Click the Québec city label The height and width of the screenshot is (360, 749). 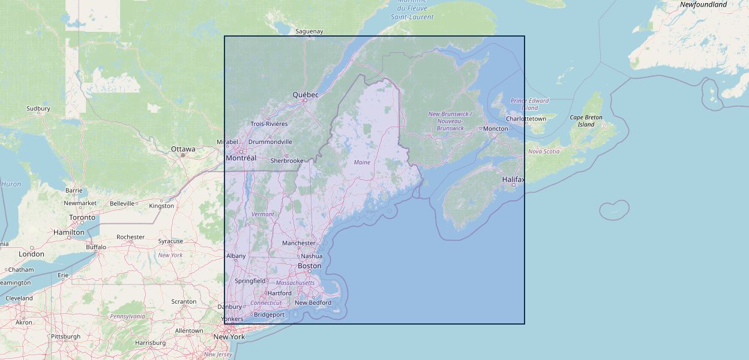(x=305, y=95)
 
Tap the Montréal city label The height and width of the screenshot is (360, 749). (x=241, y=158)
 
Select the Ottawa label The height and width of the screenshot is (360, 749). (x=183, y=149)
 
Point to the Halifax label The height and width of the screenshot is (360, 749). (x=513, y=179)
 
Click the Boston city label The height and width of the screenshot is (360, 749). (x=310, y=266)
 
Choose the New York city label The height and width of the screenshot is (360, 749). (x=229, y=337)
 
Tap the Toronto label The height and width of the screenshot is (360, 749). (x=82, y=217)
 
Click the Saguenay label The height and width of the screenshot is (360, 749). (x=310, y=31)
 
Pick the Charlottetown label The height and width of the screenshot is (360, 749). (x=526, y=119)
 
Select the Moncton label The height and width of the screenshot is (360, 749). (x=495, y=128)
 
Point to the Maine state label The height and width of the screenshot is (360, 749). (x=362, y=163)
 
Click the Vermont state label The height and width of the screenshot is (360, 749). (x=263, y=214)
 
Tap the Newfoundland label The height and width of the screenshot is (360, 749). (x=703, y=5)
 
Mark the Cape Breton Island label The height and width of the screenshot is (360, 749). (x=586, y=121)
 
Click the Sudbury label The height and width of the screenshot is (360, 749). (x=38, y=109)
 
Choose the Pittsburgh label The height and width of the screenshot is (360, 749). (x=65, y=337)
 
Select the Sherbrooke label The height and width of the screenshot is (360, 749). (x=287, y=161)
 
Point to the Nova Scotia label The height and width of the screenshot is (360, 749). (x=544, y=151)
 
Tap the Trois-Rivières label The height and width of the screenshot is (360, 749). (x=269, y=124)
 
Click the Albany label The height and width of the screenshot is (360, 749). (x=236, y=256)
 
